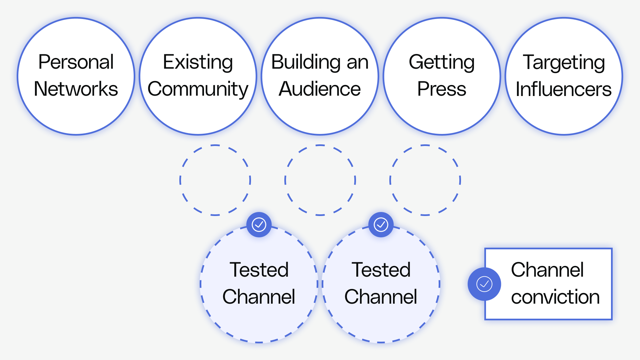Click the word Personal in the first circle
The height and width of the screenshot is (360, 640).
pos(76,62)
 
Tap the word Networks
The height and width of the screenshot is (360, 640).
pos(76,89)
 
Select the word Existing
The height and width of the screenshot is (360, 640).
pos(198,62)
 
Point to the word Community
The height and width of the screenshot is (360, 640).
pos(198,89)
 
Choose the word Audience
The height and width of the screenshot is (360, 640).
pos(320,89)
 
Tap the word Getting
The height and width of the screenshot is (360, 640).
pos(442,62)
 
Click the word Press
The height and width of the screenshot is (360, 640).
pos(442,89)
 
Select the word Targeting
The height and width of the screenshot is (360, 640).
pos(564,62)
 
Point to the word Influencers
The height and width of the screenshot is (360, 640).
pos(564,89)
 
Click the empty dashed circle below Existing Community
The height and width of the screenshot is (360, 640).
pos(215,180)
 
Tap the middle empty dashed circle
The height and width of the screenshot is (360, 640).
pos(320,180)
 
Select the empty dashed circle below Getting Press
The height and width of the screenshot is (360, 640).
pos(425,180)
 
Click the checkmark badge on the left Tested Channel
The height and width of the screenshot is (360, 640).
pos(259,225)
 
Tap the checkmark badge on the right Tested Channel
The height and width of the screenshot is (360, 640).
pos(381,225)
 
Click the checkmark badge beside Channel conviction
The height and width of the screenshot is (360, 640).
pos(484,284)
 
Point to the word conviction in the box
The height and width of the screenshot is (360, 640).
pos(555,297)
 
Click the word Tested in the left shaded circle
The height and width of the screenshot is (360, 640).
pos(259,270)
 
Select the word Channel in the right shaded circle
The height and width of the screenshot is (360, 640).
pos(381,297)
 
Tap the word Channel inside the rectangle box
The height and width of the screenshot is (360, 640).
pos(547,270)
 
